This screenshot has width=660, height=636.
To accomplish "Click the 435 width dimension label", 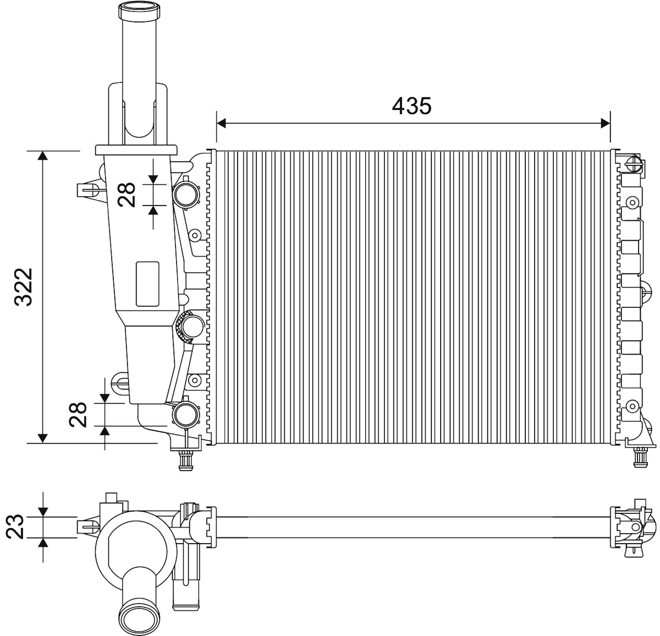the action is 411,106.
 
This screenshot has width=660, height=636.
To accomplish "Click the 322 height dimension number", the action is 24,287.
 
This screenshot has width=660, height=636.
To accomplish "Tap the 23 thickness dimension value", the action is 15,527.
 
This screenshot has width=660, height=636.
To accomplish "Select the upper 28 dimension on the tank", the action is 126,195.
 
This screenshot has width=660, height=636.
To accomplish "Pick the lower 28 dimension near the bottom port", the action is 78,414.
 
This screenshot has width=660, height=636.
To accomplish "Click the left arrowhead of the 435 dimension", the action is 221,123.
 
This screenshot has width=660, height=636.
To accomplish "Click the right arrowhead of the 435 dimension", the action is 606,123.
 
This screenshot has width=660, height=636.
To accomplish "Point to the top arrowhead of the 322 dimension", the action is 42,156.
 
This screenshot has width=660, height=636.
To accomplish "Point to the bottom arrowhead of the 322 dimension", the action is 42,438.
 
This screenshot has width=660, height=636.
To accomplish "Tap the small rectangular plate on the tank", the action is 147,284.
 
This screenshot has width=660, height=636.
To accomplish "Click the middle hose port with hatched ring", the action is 191,326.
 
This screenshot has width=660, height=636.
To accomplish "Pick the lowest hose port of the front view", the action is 185,415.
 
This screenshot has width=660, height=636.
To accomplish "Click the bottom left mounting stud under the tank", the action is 185,461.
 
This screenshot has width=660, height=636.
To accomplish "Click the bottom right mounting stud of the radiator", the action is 640,457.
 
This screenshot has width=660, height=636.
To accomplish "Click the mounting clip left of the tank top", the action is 88,190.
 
